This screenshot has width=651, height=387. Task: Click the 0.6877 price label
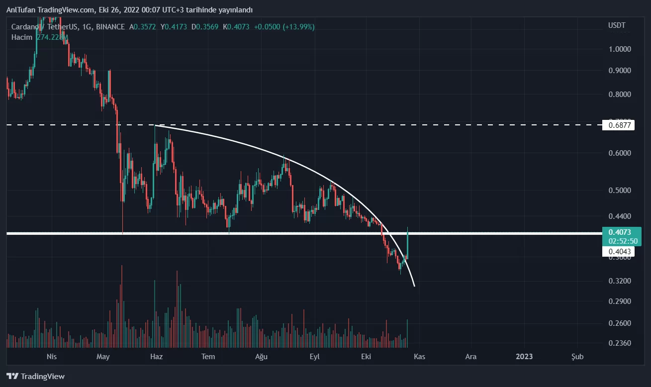click(619, 125)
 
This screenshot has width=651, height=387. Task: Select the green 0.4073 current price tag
click(619, 232)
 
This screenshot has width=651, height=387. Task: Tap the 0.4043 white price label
click(619, 252)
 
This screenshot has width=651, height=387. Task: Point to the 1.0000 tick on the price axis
click(619, 49)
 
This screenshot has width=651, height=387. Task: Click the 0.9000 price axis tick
click(619, 71)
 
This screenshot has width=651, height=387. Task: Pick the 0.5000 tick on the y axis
click(619, 191)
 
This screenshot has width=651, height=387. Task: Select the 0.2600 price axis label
click(619, 323)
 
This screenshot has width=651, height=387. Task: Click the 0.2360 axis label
click(619, 343)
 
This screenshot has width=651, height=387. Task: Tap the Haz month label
click(156, 357)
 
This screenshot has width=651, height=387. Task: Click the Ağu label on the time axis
click(262, 357)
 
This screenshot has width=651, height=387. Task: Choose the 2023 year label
click(524, 357)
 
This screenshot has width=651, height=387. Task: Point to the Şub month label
click(577, 357)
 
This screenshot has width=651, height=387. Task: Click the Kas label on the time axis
click(419, 357)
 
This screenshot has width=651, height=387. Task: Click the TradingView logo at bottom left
click(35, 377)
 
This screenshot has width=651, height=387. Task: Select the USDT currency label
click(617, 25)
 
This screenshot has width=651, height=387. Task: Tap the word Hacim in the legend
click(22, 37)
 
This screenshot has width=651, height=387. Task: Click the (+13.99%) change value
click(298, 27)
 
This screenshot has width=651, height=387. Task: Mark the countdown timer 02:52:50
click(619, 241)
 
